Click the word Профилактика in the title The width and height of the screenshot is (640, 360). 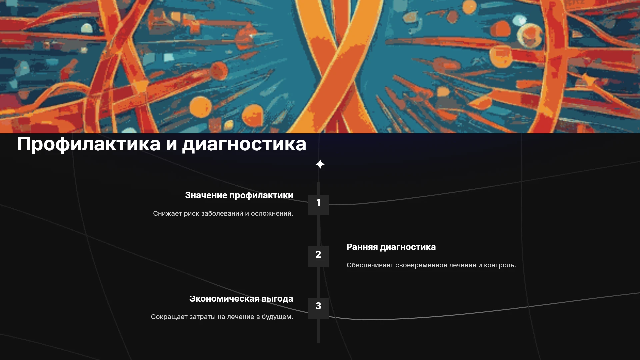pyautogui.click(x=89, y=144)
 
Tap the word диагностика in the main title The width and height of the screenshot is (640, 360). pyautogui.click(x=244, y=144)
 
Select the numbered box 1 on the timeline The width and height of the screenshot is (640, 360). pyautogui.click(x=318, y=205)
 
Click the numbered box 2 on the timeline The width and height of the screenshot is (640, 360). pyautogui.click(x=318, y=257)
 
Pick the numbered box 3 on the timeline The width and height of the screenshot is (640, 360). pyautogui.click(x=318, y=308)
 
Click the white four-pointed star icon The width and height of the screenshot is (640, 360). pyautogui.click(x=320, y=164)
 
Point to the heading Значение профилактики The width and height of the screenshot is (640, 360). pyautogui.click(x=239, y=196)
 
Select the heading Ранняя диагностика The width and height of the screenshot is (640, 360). pyautogui.click(x=391, y=247)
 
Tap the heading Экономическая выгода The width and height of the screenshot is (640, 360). pyautogui.click(x=241, y=299)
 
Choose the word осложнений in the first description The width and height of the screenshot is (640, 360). pyautogui.click(x=271, y=214)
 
